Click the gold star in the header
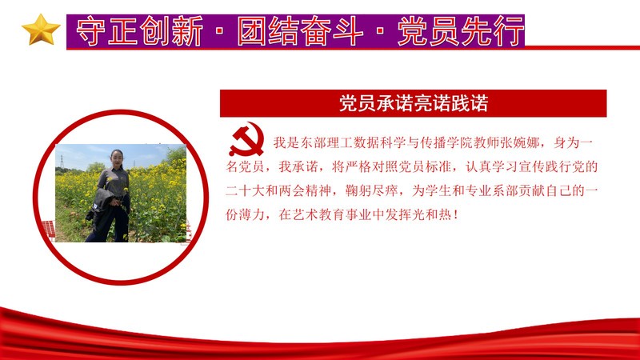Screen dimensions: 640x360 coord(41,30)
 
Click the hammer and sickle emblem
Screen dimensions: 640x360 coord(246,139)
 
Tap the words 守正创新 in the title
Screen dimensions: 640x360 coord(139,31)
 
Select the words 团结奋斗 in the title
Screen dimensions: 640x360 coord(301,31)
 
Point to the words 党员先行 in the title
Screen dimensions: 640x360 coord(461,31)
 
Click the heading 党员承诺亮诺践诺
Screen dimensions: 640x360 coord(414,104)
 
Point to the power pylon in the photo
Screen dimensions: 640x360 coord(62,162)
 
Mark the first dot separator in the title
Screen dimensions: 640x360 coord(220,31)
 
